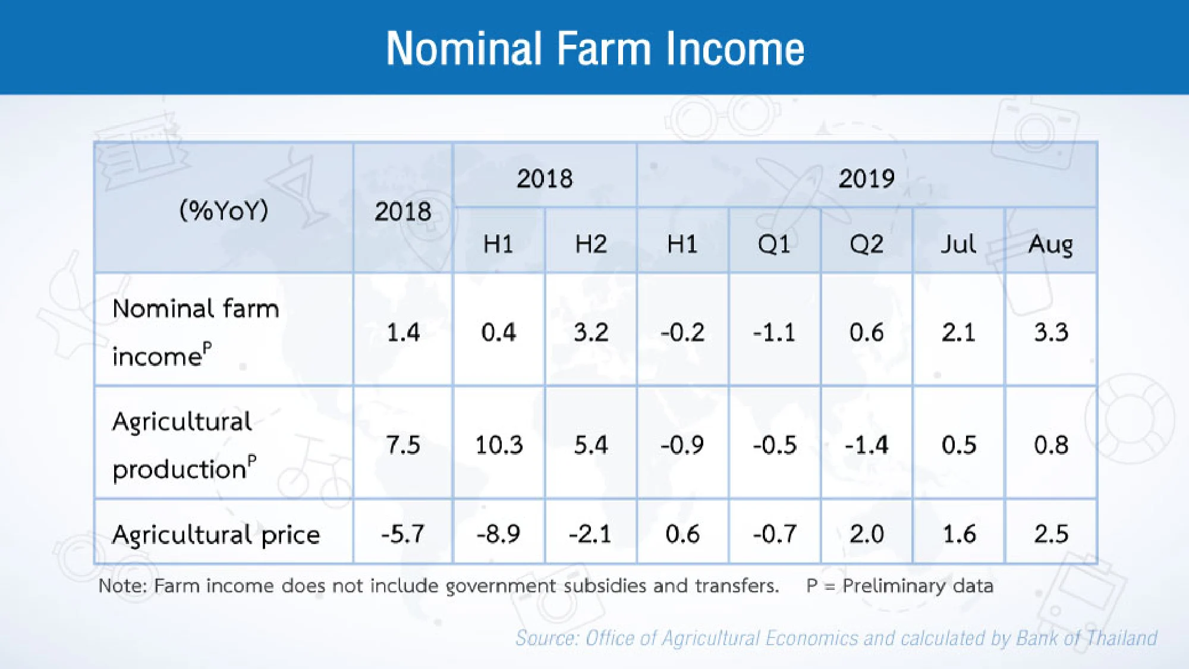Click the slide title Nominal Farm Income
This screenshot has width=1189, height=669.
pyautogui.click(x=594, y=49)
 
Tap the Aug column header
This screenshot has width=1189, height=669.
pyautogui.click(x=1050, y=244)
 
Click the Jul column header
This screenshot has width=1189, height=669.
pyautogui.click(x=958, y=244)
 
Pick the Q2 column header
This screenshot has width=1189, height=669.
pyautogui.click(x=866, y=244)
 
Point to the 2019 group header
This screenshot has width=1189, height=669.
pyautogui.click(x=866, y=178)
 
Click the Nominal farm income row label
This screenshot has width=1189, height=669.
pyautogui.click(x=195, y=332)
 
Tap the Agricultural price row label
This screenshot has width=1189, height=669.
pyautogui.click(x=216, y=534)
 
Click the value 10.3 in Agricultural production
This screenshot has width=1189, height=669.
pyautogui.click(x=499, y=445)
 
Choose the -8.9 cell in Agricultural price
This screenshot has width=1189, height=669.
pyautogui.click(x=498, y=534)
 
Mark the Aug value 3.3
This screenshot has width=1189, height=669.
pyautogui.click(x=1050, y=332)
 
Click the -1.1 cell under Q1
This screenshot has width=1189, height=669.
pyautogui.click(x=774, y=332)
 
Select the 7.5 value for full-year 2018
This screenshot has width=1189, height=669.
pyautogui.click(x=403, y=445)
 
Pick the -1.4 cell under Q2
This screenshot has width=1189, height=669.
pyautogui.click(x=866, y=445)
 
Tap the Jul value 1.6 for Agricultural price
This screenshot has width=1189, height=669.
pyautogui.click(x=958, y=534)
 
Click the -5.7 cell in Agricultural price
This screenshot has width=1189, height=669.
pyautogui.click(x=403, y=534)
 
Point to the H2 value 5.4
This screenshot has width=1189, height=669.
pyautogui.click(x=590, y=445)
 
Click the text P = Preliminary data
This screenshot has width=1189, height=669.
pyautogui.click(x=899, y=586)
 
